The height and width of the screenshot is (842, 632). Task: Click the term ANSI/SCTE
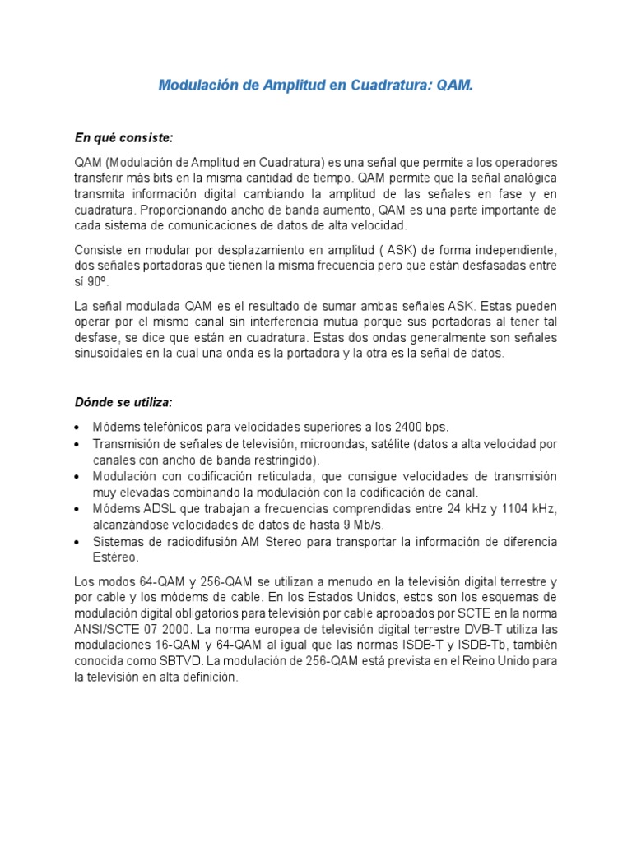click(x=104, y=629)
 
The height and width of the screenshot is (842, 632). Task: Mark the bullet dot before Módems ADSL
click(x=77, y=510)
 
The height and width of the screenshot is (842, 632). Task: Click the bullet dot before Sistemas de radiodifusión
click(x=77, y=543)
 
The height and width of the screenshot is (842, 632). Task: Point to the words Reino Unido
click(x=492, y=662)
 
